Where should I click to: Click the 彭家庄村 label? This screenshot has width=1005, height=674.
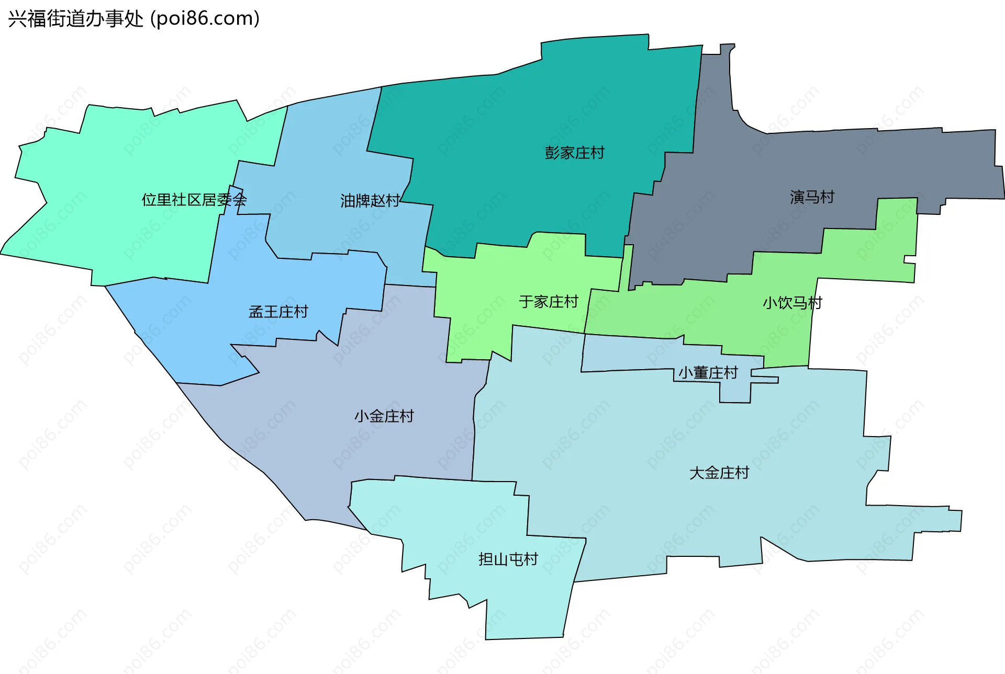(x=575, y=153)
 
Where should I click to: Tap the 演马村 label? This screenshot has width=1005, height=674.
(x=812, y=197)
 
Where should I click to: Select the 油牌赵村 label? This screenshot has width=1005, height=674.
(x=370, y=200)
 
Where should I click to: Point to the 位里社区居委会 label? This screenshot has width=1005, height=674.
(x=194, y=200)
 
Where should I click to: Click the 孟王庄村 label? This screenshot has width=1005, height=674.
(x=278, y=312)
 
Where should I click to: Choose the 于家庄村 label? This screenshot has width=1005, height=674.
(x=549, y=302)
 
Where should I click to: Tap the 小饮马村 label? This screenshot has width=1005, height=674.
(x=792, y=303)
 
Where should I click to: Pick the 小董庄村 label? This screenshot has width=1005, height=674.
(x=708, y=373)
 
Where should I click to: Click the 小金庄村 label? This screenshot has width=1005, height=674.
(x=384, y=416)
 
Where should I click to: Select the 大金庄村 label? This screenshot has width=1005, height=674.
(x=719, y=473)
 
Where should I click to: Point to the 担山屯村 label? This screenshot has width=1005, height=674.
(x=508, y=559)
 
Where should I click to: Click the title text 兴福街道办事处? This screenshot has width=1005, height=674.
(x=75, y=19)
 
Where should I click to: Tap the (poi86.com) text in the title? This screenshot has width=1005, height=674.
(x=205, y=19)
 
